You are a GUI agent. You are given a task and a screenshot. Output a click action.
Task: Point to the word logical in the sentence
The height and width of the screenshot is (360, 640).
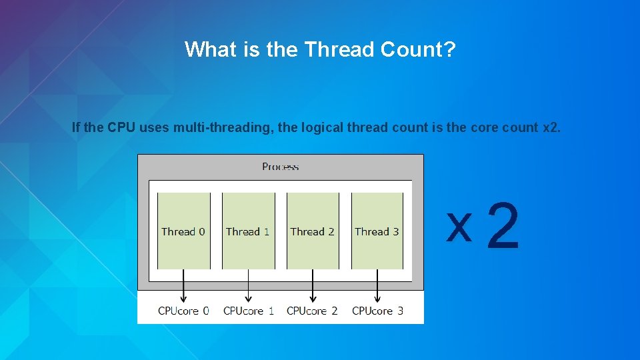coord(325,127)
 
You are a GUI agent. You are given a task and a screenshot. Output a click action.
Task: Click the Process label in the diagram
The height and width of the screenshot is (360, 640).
coord(280,167)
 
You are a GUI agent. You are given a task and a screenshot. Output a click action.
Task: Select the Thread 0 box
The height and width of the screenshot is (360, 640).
coord(183,231)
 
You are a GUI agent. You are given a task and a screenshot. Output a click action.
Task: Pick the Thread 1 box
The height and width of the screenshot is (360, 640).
coord(248,231)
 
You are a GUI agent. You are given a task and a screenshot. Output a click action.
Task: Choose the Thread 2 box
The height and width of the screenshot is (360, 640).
coord(312,231)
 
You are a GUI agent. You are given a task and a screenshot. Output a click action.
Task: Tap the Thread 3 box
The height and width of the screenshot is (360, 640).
coord(377,231)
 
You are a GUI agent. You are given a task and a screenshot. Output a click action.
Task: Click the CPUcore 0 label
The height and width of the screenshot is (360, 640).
coord(183,311)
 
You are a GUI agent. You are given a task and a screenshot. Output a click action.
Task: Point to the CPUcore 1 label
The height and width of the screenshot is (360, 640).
coord(248,311)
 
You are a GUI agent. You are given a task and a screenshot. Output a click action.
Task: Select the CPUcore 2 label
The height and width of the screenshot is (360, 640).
coord(312,311)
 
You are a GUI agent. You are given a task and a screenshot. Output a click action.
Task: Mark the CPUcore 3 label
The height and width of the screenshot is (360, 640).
coord(377,311)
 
